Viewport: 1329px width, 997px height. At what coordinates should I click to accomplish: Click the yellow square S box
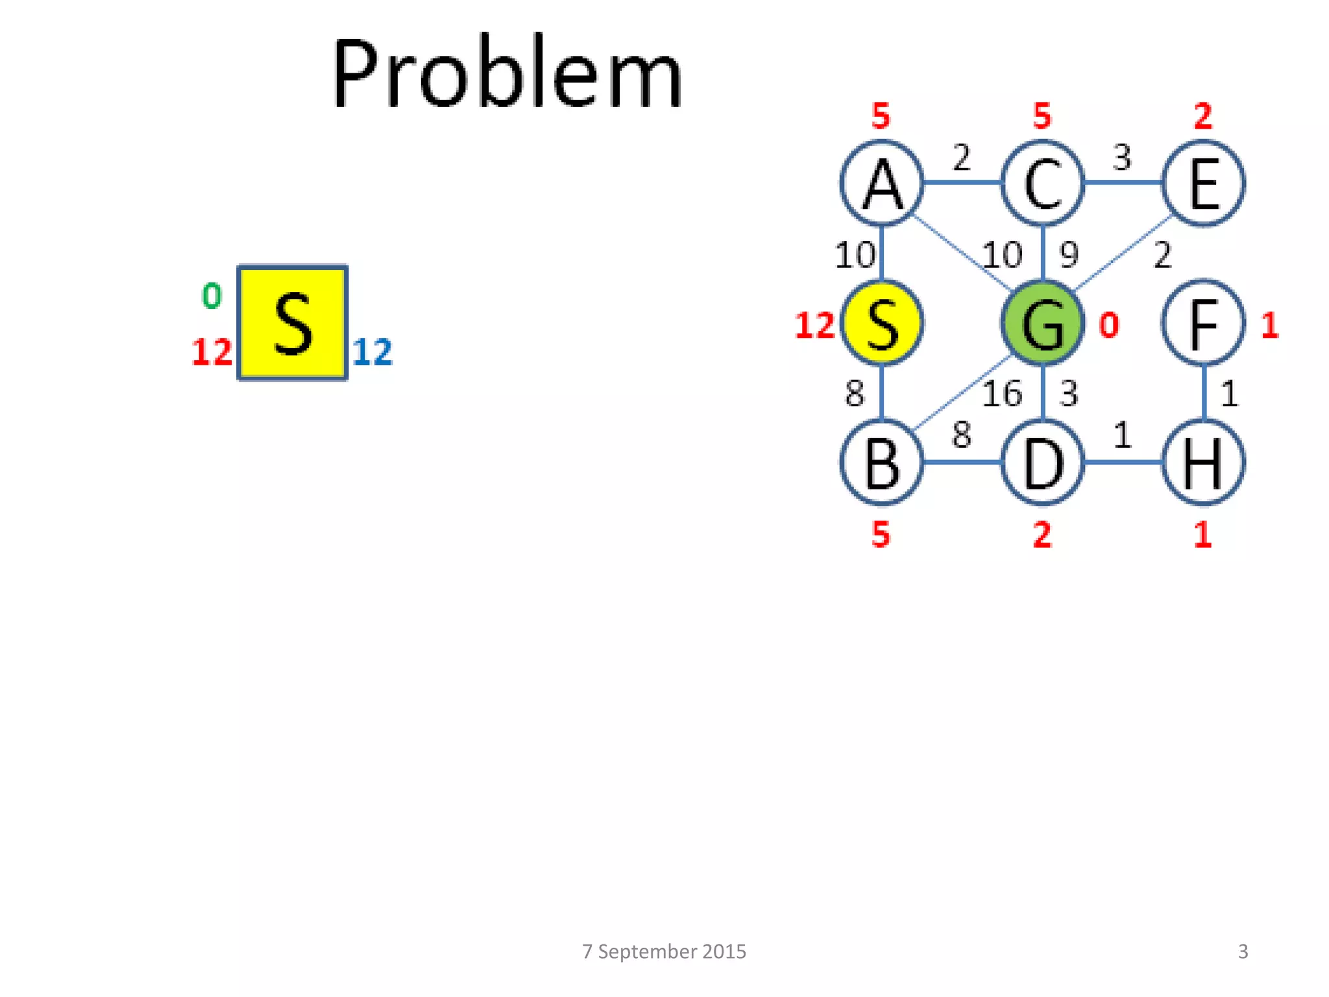coord(293,323)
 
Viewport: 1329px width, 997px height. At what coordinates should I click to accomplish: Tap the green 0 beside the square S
coord(212,296)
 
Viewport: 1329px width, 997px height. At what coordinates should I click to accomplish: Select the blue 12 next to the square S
coord(372,352)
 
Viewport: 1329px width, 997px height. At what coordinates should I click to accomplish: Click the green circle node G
coord(1042,323)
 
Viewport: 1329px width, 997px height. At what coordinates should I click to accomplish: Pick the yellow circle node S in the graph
coord(881,323)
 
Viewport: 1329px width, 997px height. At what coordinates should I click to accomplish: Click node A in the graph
coord(881,183)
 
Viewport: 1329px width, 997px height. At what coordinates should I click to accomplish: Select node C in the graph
coord(1042,183)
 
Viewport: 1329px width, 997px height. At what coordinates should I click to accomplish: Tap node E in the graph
coord(1203,183)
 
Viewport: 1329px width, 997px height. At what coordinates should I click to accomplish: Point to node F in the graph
coord(1203,323)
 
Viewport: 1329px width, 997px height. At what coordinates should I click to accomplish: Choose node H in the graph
coord(1203,463)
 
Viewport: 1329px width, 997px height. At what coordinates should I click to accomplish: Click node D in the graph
coord(1042,463)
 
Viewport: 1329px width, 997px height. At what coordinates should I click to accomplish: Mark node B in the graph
coord(881,463)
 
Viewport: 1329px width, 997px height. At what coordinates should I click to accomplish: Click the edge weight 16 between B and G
coord(1002,393)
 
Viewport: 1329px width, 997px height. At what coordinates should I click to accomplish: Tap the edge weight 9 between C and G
coord(1069,254)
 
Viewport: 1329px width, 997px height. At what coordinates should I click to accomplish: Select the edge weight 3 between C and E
coord(1122,157)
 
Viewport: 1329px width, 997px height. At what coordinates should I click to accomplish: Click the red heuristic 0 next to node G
coord(1109,325)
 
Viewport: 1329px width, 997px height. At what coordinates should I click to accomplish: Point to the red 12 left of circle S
coord(814,325)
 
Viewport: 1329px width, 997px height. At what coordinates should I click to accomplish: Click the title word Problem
coord(507,73)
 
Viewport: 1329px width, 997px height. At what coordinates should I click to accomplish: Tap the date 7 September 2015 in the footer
coord(664,952)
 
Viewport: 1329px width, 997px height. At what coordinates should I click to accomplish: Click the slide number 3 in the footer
coord(1243,952)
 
